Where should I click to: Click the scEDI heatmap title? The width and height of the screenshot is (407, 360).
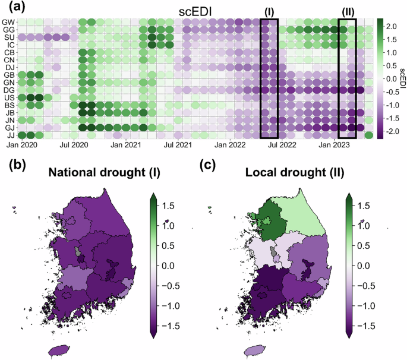tap(197, 11)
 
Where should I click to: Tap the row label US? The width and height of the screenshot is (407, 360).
tap(10, 97)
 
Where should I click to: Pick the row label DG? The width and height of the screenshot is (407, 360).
tap(10, 90)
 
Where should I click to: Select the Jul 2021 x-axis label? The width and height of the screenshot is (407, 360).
tap(178, 144)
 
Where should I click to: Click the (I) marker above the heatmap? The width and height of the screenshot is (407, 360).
tap(269, 11)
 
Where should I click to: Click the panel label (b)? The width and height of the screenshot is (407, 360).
tap(12, 166)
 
